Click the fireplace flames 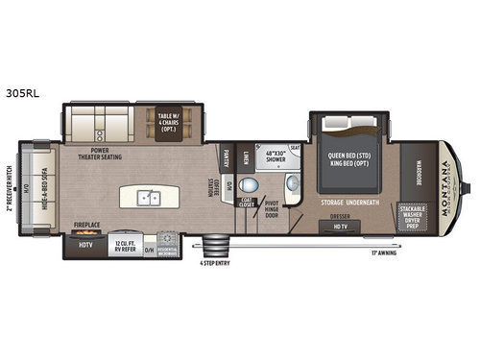[87, 231]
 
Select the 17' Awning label [384, 253]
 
